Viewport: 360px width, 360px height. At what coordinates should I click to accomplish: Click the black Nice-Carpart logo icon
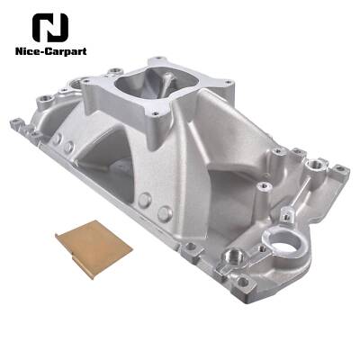(49, 27)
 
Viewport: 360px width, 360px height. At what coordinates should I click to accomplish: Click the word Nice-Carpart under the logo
(49, 50)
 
